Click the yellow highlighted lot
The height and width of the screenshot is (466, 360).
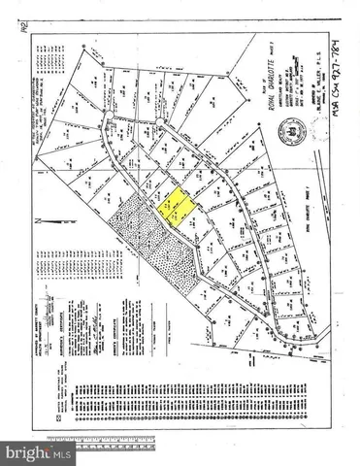[x=175, y=207]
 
